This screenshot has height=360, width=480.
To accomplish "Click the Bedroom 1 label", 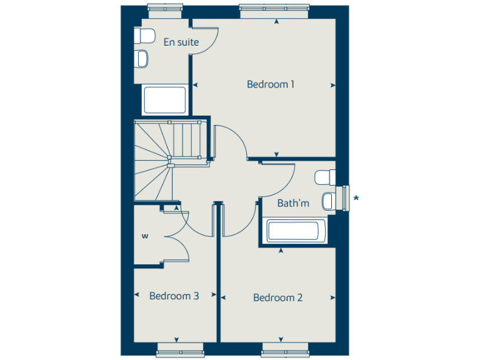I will (x=271, y=84).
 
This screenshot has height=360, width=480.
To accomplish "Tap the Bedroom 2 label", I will (x=277, y=297).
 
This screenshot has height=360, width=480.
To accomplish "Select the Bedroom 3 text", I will (x=174, y=296).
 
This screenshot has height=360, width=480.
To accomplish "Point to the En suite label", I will (x=181, y=42).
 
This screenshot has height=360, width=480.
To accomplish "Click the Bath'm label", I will (x=293, y=203).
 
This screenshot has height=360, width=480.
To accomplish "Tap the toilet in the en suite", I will (x=145, y=36).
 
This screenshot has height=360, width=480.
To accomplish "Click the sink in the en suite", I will (x=142, y=59).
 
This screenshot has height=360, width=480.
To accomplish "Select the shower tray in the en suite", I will (x=164, y=100).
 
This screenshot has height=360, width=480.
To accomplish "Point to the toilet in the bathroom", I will (x=324, y=178).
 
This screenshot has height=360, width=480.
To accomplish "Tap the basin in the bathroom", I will (x=327, y=201).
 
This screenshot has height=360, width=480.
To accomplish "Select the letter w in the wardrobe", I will (x=144, y=236).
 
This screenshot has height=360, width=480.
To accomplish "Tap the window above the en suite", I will (x=165, y=8).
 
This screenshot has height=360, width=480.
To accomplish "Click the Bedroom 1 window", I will (x=274, y=8).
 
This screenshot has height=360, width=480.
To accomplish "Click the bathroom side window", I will (x=346, y=198).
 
